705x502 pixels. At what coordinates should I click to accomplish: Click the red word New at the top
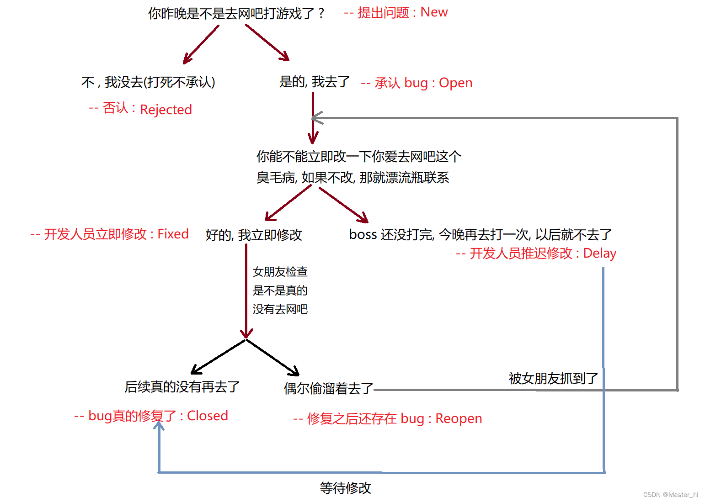click(x=434, y=12)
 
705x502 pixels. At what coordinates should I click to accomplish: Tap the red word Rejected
click(x=166, y=110)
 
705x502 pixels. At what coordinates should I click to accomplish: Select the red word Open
click(x=455, y=83)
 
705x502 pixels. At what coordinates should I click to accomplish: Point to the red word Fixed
click(x=173, y=234)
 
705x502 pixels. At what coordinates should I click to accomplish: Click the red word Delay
click(x=599, y=253)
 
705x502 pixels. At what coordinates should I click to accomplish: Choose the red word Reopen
click(x=458, y=418)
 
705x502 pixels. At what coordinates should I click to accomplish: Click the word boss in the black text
click(x=363, y=235)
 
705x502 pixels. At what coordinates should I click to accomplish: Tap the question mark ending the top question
click(x=321, y=14)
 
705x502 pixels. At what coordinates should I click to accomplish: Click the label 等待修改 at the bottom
click(x=345, y=488)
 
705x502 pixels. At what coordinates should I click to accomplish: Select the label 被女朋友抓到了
click(x=553, y=378)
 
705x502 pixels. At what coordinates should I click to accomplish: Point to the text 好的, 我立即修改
click(x=254, y=235)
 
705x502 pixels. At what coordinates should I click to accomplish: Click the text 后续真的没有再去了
click(x=182, y=387)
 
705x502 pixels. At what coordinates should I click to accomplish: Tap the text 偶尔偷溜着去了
click(x=328, y=388)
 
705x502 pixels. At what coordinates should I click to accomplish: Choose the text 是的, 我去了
click(x=315, y=82)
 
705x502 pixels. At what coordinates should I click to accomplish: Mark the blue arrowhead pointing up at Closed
click(x=159, y=426)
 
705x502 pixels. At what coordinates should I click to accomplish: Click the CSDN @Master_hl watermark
click(x=670, y=495)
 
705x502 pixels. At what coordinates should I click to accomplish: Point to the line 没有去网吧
click(x=280, y=309)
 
